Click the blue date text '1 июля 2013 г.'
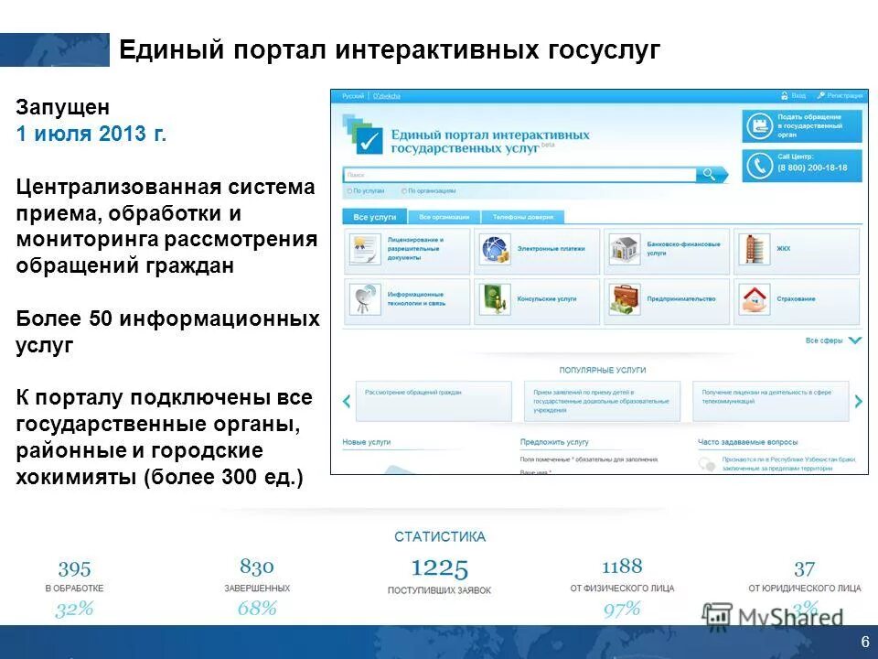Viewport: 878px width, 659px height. (x=91, y=134)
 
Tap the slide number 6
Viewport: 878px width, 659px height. (x=865, y=642)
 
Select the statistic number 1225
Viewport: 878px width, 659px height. (x=439, y=568)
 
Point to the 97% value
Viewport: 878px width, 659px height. (x=622, y=610)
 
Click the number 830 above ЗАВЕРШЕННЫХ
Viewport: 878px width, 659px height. (x=257, y=567)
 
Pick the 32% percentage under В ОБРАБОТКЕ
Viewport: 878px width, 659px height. (x=74, y=610)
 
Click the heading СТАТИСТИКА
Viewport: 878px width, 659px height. (x=440, y=537)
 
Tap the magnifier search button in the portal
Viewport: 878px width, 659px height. (x=709, y=174)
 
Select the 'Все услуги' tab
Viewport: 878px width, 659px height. (x=375, y=217)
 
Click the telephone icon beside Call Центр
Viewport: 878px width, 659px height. (x=758, y=166)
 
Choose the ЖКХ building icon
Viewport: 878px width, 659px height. (x=752, y=247)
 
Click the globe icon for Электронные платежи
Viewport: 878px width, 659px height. (x=495, y=249)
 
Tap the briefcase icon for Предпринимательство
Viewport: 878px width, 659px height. (x=626, y=298)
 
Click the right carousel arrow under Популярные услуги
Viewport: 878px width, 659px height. (x=858, y=401)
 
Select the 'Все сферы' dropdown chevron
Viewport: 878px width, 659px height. (x=854, y=340)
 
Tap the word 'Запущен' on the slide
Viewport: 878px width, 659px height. (x=62, y=106)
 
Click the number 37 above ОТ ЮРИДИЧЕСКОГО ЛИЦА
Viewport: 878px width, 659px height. (x=804, y=568)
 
